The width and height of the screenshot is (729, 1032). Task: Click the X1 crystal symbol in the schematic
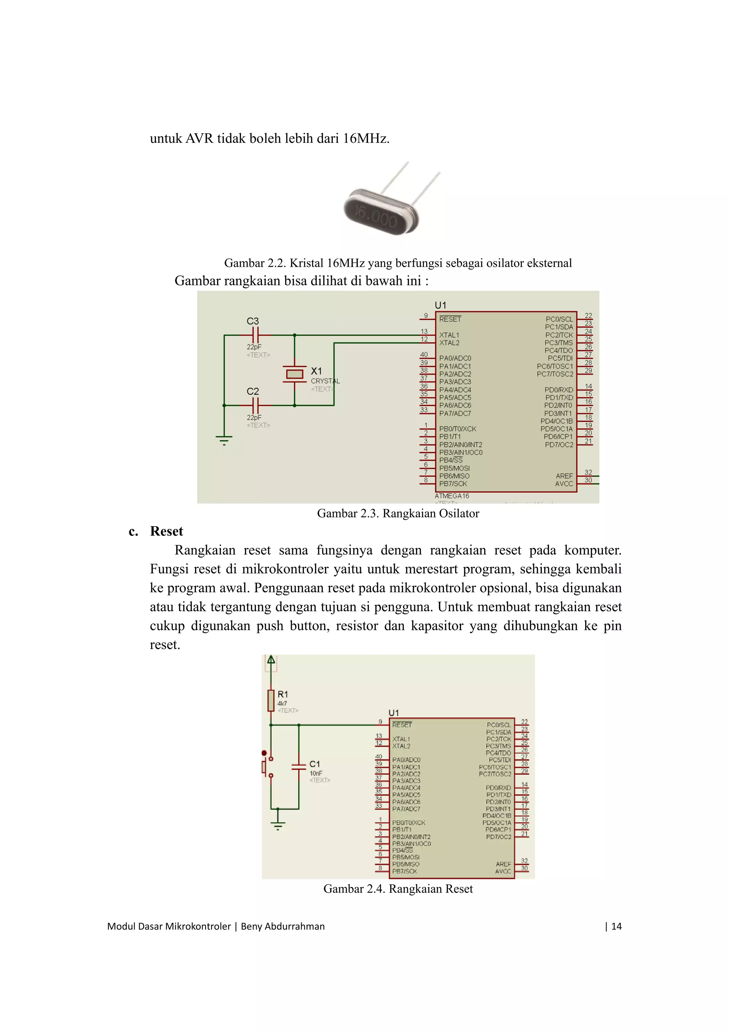pyautogui.click(x=295, y=374)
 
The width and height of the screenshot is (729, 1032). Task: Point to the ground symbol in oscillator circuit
pyautogui.click(x=224, y=440)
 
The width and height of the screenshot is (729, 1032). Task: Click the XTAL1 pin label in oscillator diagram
pyautogui.click(x=449, y=335)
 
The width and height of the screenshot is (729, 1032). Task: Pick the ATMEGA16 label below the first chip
pyautogui.click(x=451, y=496)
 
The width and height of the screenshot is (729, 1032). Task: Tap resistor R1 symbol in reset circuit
pyautogui.click(x=271, y=700)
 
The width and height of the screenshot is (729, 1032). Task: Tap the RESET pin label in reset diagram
pyautogui.click(x=402, y=725)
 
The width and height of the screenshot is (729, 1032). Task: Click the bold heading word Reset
pyautogui.click(x=167, y=531)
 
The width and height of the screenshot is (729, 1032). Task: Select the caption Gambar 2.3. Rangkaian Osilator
pyautogui.click(x=398, y=513)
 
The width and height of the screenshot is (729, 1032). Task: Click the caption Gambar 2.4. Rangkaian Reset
pyautogui.click(x=398, y=888)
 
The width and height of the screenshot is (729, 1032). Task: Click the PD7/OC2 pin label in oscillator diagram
pyautogui.click(x=559, y=445)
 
